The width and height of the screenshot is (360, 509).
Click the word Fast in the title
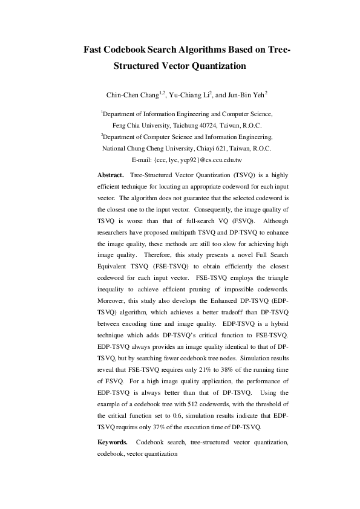(x=95, y=49)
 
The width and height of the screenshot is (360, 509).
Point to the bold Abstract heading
(x=111, y=174)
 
